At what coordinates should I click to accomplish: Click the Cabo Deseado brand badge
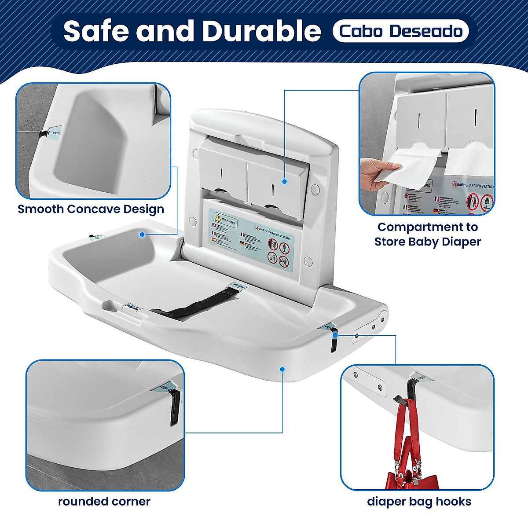[x=400, y=31]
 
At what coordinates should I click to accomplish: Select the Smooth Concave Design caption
[x=91, y=209]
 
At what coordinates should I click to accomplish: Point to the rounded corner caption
[x=104, y=501]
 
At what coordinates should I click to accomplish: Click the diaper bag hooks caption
[x=419, y=501]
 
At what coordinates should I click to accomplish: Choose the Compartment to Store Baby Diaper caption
[x=427, y=234]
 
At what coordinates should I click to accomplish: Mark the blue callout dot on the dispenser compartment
[x=285, y=181]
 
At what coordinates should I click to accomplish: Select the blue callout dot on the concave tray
[x=142, y=235]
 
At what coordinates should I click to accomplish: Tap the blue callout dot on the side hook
[x=335, y=335]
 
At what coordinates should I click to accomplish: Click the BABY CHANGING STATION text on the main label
[x=272, y=233]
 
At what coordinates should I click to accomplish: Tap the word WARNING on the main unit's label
[x=229, y=222]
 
